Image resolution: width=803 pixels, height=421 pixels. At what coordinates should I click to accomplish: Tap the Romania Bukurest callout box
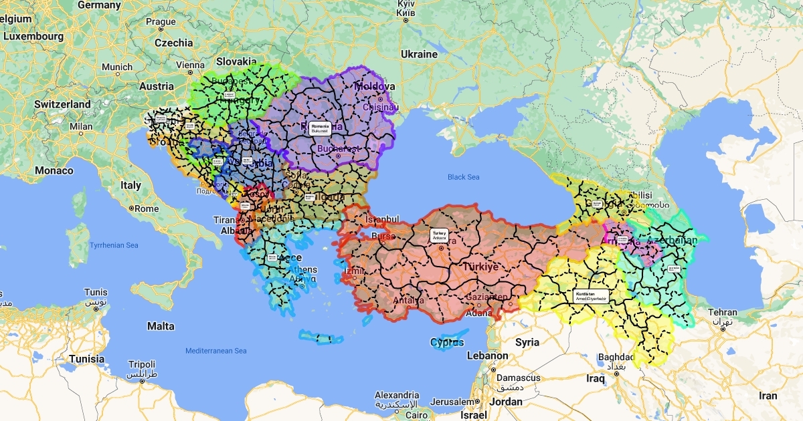coord(321,129)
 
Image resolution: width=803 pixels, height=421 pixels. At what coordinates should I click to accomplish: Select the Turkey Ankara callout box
coord(439,235)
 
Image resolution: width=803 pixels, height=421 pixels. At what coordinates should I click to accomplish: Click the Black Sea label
coord(464,177)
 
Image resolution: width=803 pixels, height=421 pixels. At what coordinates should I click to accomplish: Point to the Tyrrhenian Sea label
coord(114,245)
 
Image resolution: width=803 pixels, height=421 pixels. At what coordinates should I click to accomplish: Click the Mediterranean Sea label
coord(216,351)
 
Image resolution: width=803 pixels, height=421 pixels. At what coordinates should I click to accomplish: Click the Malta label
coord(161,326)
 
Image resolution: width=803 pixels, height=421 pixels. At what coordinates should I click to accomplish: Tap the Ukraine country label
coord(419,53)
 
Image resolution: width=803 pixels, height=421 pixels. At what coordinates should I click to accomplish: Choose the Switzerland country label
coord(62,104)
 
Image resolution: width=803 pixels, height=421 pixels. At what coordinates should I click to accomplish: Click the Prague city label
coord(161,22)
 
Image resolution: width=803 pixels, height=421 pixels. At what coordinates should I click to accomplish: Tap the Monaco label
coord(54,170)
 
